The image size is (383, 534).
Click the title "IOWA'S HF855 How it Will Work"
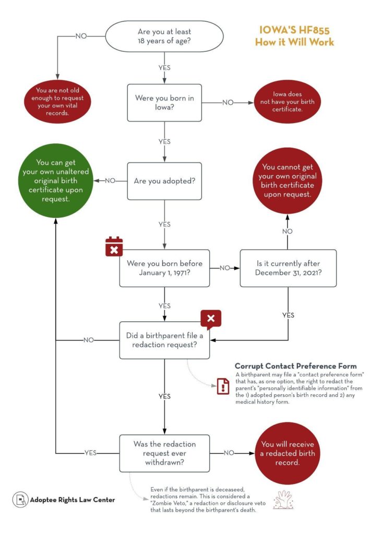tap(294, 36)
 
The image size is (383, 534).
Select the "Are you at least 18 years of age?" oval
tap(164, 36)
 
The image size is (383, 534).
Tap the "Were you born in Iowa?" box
tap(164, 103)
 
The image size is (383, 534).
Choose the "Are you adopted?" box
tap(164, 181)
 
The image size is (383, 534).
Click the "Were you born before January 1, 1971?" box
tap(164, 268)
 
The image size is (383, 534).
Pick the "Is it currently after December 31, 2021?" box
tap(288, 268)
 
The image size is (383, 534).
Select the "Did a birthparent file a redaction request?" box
tap(164, 340)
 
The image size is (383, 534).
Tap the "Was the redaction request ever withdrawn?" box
tap(164, 453)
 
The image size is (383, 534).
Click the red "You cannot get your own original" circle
tap(287, 181)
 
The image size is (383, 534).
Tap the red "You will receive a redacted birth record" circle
tap(288, 453)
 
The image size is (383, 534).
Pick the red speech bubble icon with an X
tap(211, 319)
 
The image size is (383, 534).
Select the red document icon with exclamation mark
tap(223, 386)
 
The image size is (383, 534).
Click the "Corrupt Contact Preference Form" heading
tap(295, 366)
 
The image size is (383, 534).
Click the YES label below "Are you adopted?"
tap(164, 224)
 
